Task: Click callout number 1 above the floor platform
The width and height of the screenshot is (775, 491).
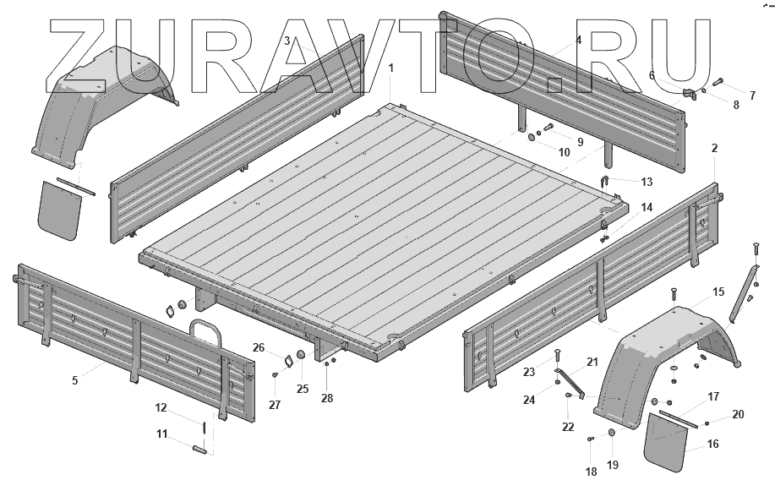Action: click(x=390, y=66)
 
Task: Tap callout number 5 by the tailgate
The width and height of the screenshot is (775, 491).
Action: click(x=74, y=380)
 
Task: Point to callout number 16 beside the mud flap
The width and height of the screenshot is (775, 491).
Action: click(x=713, y=443)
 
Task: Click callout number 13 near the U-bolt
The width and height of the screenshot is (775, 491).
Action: click(x=647, y=181)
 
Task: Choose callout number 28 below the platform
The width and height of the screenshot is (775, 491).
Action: click(x=327, y=397)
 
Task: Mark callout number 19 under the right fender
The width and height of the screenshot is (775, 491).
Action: click(x=613, y=464)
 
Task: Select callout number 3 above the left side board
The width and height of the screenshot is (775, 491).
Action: click(x=287, y=41)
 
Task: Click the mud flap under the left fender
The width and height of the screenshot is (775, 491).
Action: click(x=58, y=207)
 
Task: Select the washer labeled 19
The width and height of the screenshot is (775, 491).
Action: click(x=612, y=434)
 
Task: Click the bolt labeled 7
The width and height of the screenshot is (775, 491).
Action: click(x=719, y=83)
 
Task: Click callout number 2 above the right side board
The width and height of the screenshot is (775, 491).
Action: click(x=715, y=148)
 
